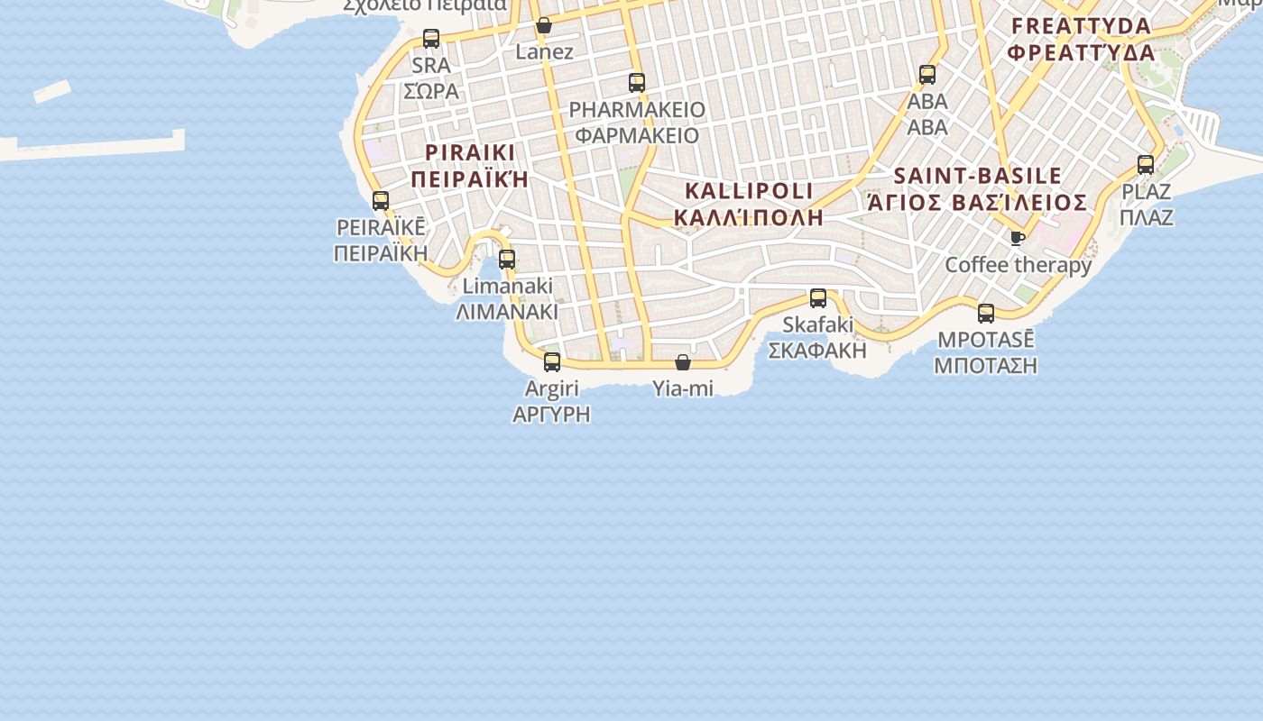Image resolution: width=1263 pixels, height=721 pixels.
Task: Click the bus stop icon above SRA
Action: [431, 38]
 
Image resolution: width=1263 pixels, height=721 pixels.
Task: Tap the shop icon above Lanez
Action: [544, 25]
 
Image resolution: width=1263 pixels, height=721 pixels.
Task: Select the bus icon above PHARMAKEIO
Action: [637, 83]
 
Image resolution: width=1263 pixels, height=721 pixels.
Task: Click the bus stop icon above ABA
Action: [927, 75]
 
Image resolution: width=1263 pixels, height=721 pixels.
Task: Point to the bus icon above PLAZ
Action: [1146, 165]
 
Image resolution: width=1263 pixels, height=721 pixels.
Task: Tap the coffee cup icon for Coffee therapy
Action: [1018, 238]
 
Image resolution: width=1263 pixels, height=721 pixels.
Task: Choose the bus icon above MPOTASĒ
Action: [986, 314]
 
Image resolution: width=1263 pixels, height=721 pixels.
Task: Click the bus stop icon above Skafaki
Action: [818, 298]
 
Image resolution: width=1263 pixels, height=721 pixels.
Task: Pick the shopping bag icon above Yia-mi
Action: [683, 362]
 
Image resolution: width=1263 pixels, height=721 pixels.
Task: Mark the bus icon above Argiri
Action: [552, 362]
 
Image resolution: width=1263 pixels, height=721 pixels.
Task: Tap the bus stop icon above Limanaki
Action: [507, 260]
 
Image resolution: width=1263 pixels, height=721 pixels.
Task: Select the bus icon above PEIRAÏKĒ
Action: [381, 201]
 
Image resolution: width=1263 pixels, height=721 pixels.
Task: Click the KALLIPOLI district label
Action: [749, 191]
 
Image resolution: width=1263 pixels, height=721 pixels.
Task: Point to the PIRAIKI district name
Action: [469, 151]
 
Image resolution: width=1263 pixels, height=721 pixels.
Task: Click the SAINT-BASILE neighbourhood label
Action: [978, 176]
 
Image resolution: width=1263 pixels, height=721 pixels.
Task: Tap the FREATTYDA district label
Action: [1082, 25]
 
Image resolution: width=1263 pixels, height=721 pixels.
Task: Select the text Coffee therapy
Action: [1018, 265]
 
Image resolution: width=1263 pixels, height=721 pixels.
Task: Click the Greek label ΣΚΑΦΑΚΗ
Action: [817, 350]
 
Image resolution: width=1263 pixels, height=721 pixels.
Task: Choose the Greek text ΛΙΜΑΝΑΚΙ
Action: [507, 312]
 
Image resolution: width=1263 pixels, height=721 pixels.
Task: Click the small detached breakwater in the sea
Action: [52, 91]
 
